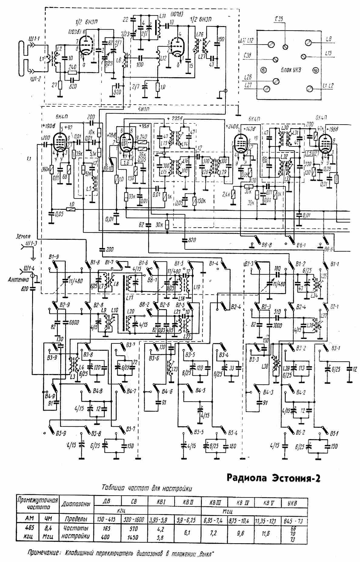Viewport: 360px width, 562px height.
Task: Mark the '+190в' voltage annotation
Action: [x=44, y=125]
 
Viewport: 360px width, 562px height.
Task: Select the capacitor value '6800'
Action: [x=74, y=323]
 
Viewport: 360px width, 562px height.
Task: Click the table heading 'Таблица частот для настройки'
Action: [x=147, y=488]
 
